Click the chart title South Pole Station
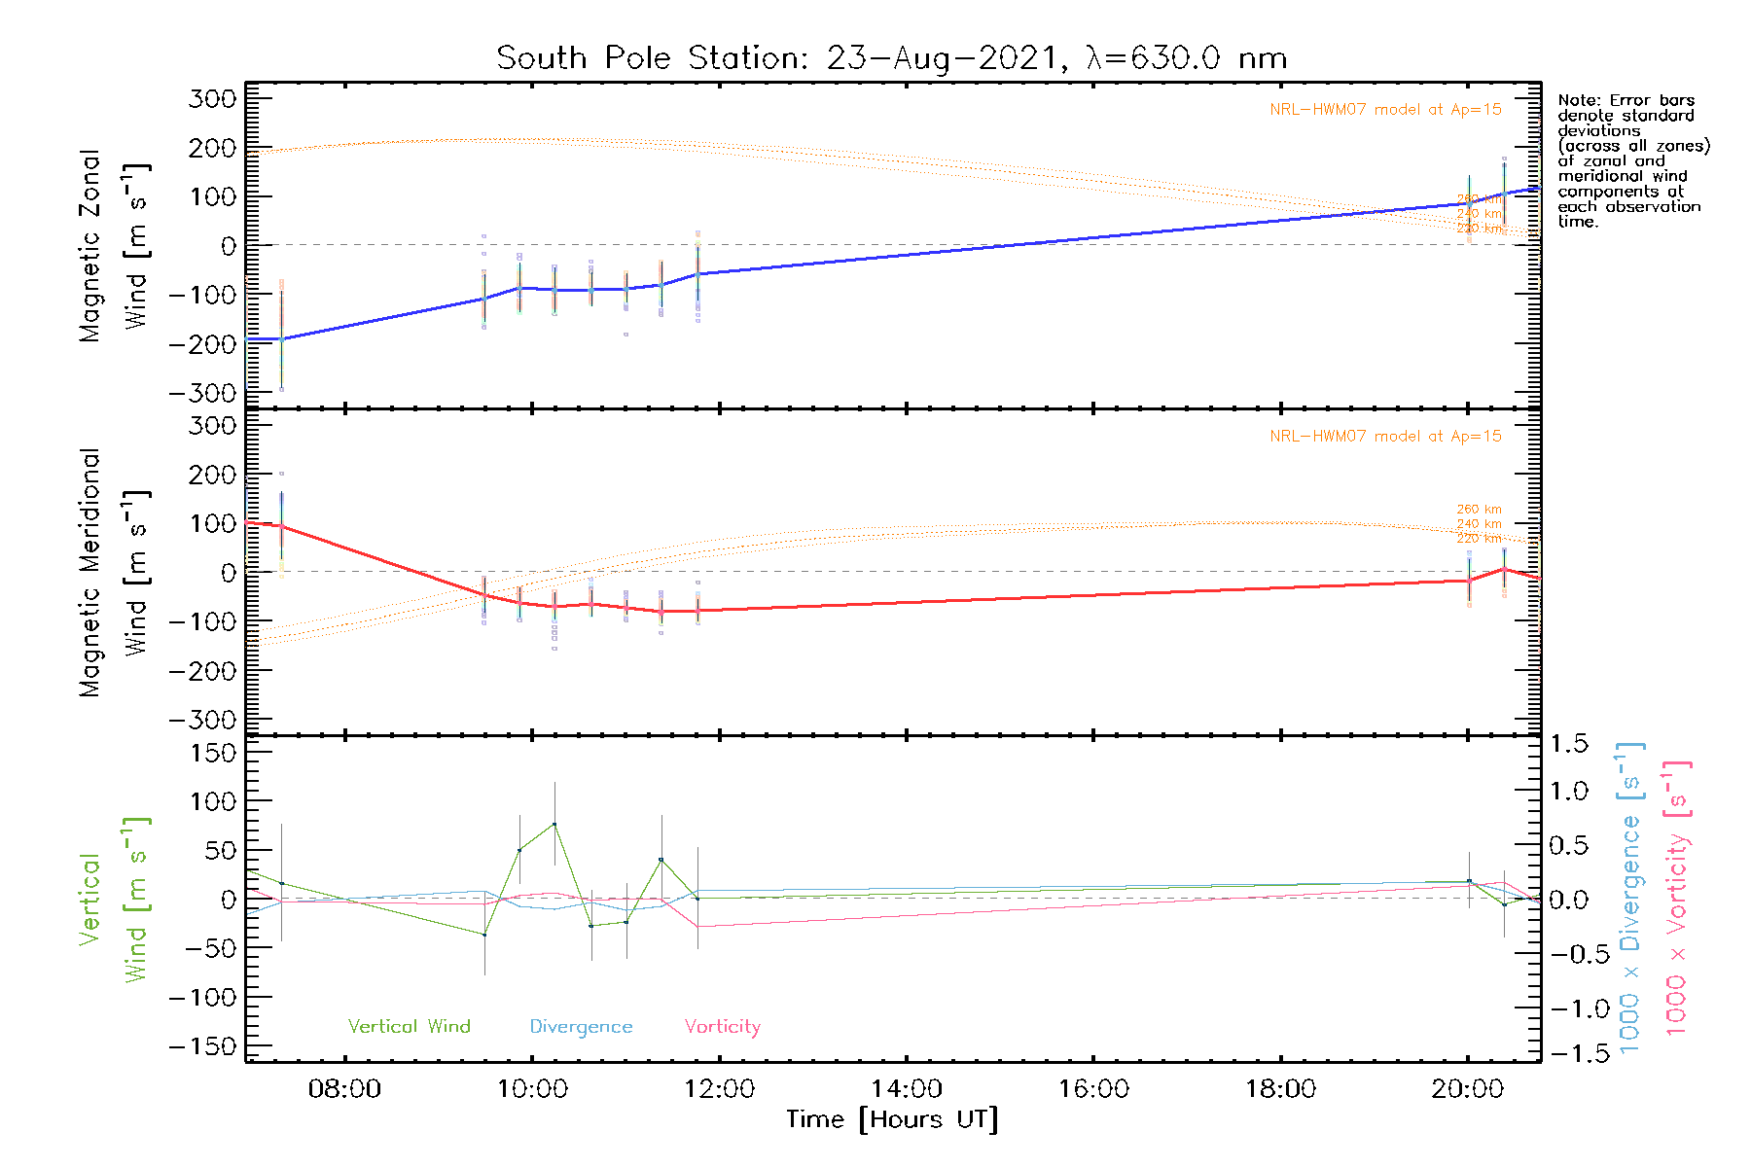pos(891,58)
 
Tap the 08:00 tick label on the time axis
pos(344,1089)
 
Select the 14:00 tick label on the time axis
pos(907,1089)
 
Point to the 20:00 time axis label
pos(1468,1089)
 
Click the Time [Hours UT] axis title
pos(892,1120)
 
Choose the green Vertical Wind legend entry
pos(409,1027)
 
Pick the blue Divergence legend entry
pos(581,1027)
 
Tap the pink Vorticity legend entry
pos(722,1027)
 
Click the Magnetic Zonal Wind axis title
pos(114,245)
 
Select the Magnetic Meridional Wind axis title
pos(114,572)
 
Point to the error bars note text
pos(1632,160)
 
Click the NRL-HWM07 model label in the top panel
pos(1385,110)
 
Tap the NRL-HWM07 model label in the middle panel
pos(1385,437)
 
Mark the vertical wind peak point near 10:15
pos(554,825)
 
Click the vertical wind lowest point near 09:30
pos(484,935)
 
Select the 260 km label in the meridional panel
pos(1479,510)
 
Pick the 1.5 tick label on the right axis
pos(1568,744)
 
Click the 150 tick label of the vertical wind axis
pos(213,753)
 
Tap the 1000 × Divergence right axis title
pos(1629,898)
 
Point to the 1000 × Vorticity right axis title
pos(1677,898)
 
